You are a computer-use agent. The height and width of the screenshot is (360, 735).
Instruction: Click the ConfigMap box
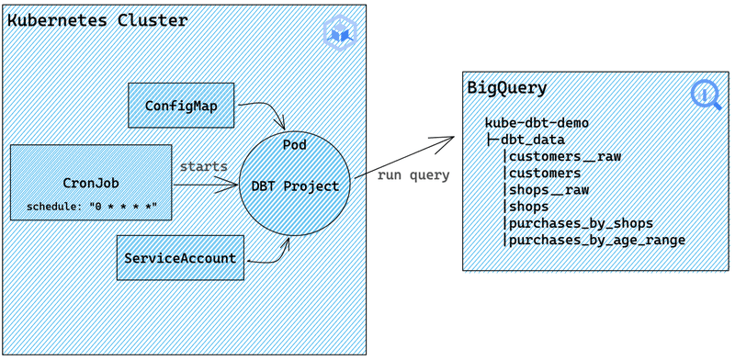click(x=182, y=106)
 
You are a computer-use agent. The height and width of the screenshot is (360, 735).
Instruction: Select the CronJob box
click(x=91, y=183)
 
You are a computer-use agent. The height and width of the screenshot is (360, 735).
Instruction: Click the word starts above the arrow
click(x=203, y=166)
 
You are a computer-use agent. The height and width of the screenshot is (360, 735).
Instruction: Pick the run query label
click(x=413, y=175)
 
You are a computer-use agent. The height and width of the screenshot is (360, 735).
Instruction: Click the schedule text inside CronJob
click(x=90, y=206)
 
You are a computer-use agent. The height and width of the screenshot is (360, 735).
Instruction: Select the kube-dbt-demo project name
click(x=537, y=122)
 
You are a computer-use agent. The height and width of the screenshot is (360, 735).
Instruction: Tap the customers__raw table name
click(x=564, y=156)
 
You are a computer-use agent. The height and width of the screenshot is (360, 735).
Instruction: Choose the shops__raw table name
click(x=548, y=189)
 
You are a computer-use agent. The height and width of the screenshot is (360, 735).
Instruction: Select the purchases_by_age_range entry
click(x=596, y=240)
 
